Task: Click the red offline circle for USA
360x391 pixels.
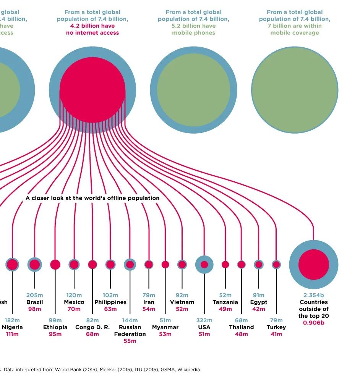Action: (x=204, y=264)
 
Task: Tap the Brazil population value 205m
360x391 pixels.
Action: (x=34, y=295)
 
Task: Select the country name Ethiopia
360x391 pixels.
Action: (x=55, y=327)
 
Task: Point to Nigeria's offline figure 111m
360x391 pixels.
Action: (x=12, y=334)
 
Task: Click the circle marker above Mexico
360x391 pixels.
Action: (x=74, y=264)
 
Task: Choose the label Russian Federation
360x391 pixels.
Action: (x=130, y=331)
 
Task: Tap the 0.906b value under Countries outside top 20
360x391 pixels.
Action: (x=313, y=323)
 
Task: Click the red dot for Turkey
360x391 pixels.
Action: (x=276, y=264)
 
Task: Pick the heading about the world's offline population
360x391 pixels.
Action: (x=92, y=198)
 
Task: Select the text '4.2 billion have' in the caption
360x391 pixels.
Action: (x=92, y=26)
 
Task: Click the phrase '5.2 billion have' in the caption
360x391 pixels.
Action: (x=193, y=26)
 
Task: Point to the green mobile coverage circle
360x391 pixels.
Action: (x=295, y=90)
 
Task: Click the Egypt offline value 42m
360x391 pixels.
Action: (x=259, y=309)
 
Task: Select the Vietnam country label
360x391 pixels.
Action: (x=182, y=302)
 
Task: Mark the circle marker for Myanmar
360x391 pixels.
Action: (x=165, y=264)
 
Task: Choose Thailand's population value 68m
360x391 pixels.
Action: (x=241, y=320)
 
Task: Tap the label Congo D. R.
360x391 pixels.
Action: (x=92, y=327)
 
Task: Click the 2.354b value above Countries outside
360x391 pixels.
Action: (x=313, y=295)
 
